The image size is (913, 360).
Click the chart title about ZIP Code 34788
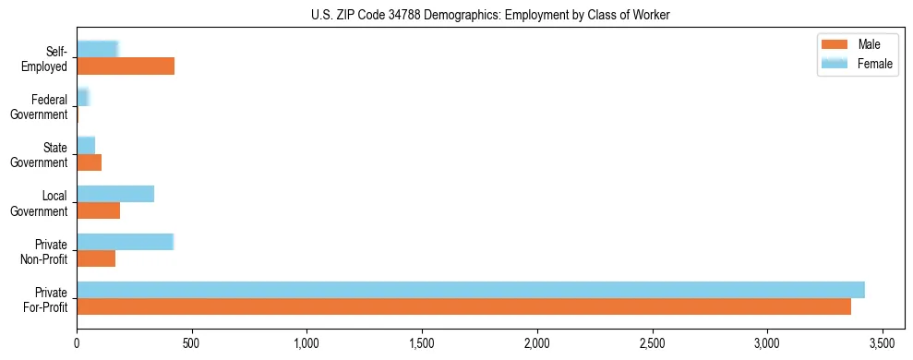point(456,15)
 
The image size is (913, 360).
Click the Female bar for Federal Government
point(82,98)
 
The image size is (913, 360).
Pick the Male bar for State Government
point(89,162)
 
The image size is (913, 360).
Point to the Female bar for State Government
point(86,146)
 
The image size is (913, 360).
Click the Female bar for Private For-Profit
point(471,290)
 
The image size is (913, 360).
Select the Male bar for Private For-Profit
point(463,306)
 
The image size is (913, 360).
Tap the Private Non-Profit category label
point(48,251)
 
